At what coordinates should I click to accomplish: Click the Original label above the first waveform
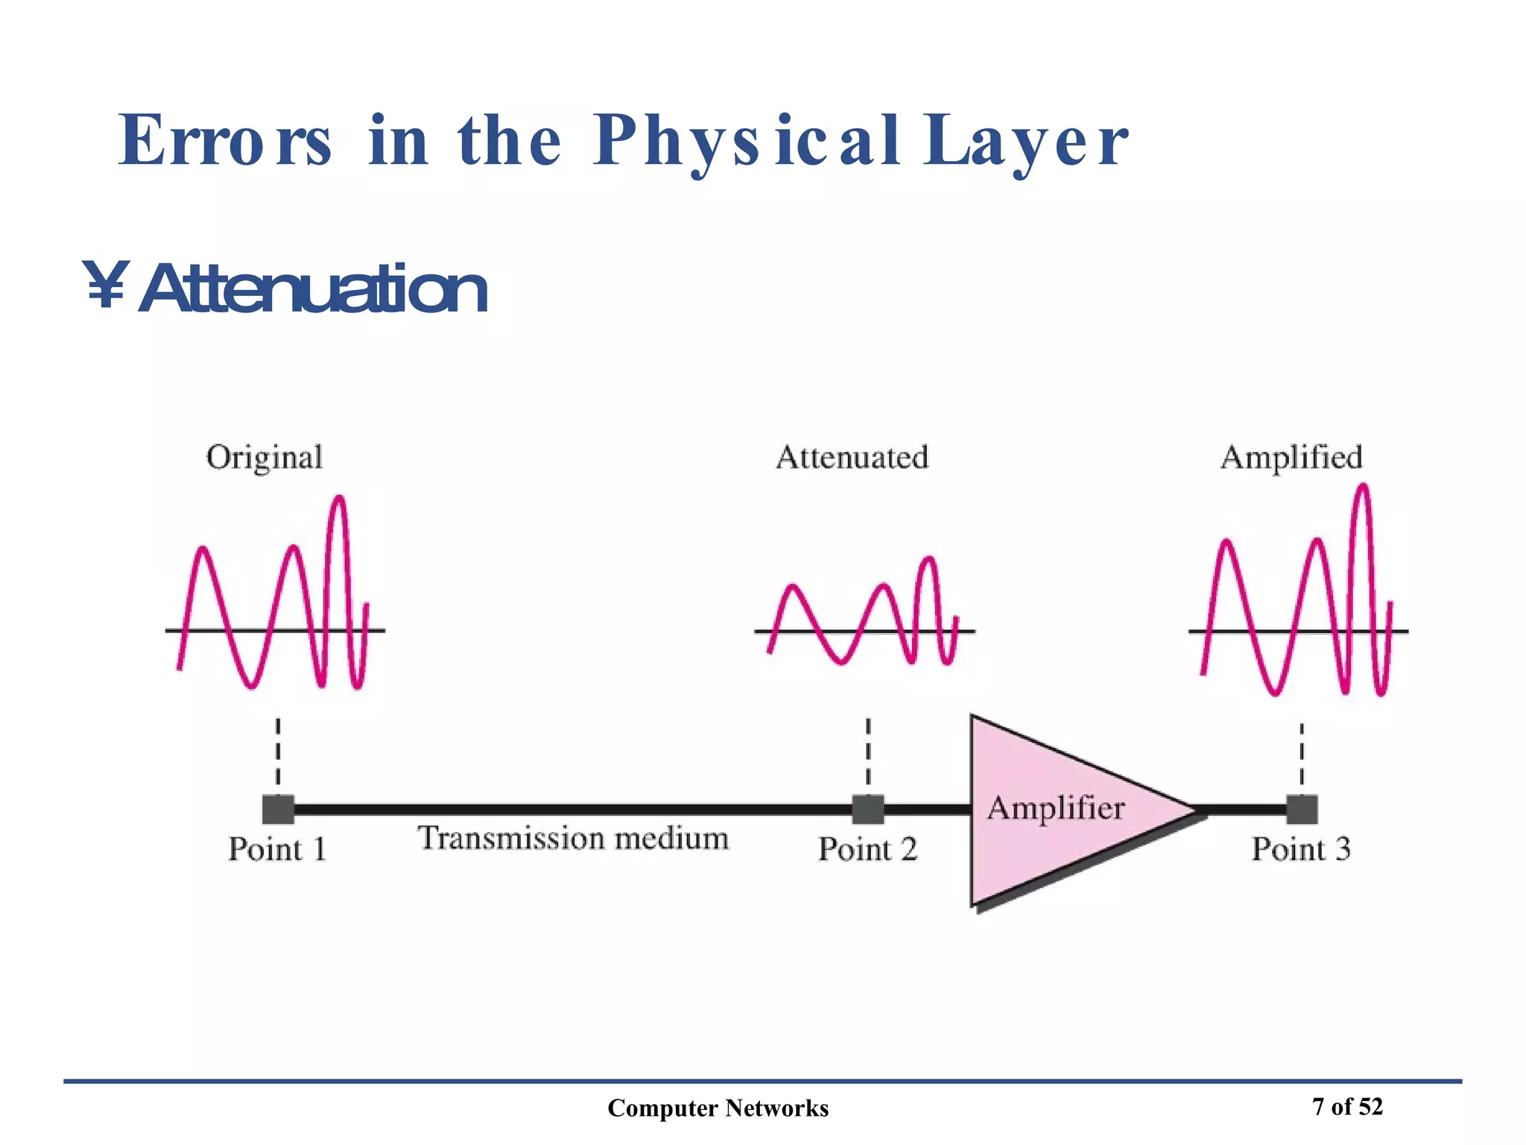(x=264, y=458)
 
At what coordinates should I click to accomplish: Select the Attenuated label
(x=852, y=458)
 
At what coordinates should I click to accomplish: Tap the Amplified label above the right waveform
(x=1291, y=458)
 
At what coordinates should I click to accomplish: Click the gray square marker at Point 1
(x=278, y=810)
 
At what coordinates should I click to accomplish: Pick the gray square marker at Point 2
(x=868, y=810)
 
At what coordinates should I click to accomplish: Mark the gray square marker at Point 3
(x=1302, y=810)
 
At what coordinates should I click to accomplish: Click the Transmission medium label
(x=573, y=839)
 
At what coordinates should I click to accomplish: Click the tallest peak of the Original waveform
(x=339, y=498)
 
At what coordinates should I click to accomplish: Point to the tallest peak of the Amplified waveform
(x=1363, y=487)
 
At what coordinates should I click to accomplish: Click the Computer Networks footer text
(x=718, y=1108)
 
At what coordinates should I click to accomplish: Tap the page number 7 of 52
(x=1347, y=1107)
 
